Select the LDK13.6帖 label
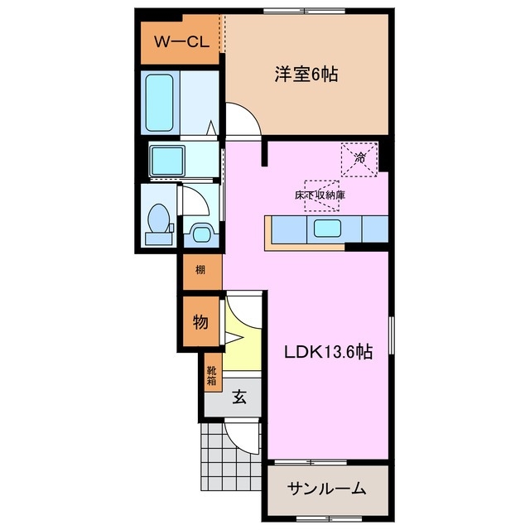point(328,351)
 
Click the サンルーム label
point(326,489)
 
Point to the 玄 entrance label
point(238,397)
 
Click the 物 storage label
point(200,321)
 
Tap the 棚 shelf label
point(200,270)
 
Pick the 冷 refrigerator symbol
point(360,157)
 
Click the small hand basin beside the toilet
point(199,232)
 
